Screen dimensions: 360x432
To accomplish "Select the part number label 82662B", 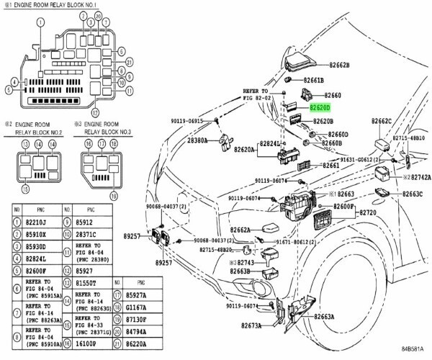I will [336, 65].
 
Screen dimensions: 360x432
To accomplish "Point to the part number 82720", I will [369, 214].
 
